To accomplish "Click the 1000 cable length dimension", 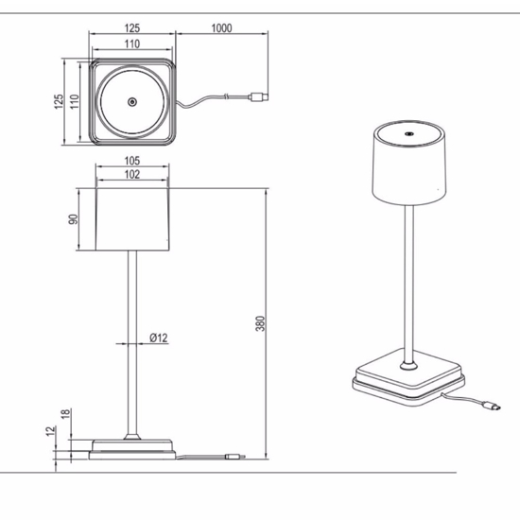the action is click(x=221, y=28).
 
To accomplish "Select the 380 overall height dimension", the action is click(x=261, y=323).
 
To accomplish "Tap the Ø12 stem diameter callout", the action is click(x=159, y=338).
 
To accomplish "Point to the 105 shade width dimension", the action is click(x=132, y=161).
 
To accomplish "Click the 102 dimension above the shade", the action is click(x=132, y=175).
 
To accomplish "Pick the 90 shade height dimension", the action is click(x=74, y=219).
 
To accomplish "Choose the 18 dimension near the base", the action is click(x=65, y=413).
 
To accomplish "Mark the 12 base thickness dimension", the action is click(x=50, y=431).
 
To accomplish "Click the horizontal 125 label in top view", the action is click(x=132, y=28).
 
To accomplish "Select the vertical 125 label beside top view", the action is click(x=59, y=101).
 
